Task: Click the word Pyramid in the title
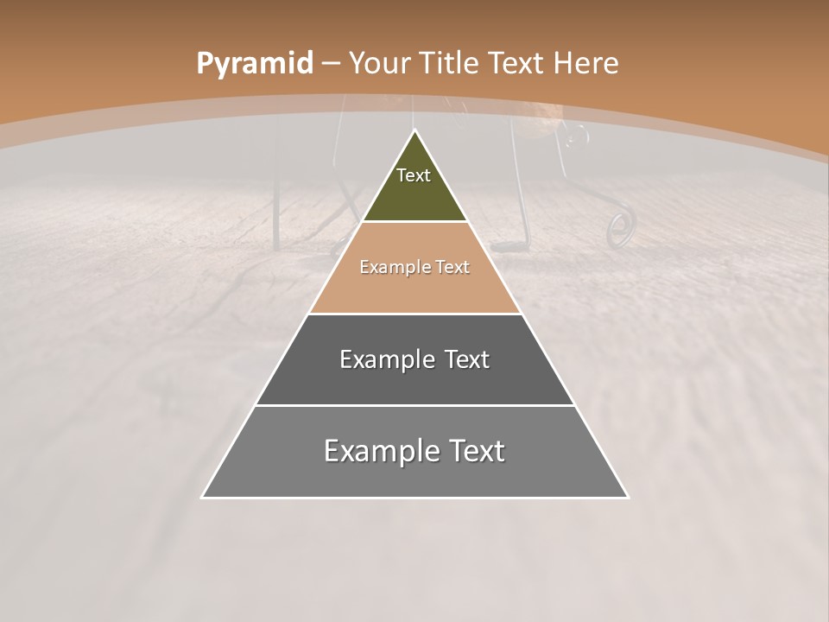click(x=254, y=64)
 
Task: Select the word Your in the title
click(x=379, y=64)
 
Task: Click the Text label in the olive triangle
click(x=414, y=175)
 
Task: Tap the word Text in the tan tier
click(x=452, y=267)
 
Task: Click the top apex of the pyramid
click(x=414, y=130)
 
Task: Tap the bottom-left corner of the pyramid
click(x=203, y=497)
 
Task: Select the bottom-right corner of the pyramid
click(x=627, y=497)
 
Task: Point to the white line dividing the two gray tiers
click(x=414, y=405)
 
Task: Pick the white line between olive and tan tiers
click(x=414, y=222)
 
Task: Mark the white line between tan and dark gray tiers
click(x=414, y=314)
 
